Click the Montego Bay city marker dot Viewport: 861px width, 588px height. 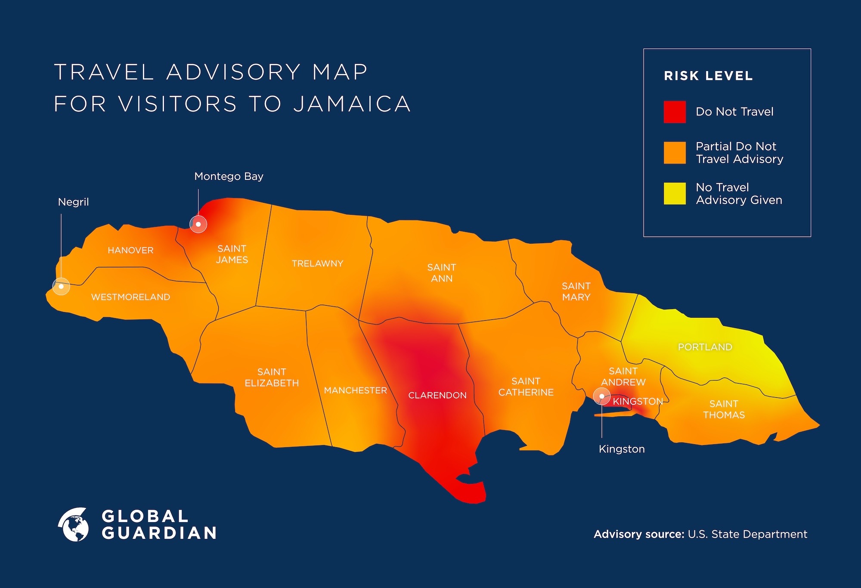pyautogui.click(x=198, y=224)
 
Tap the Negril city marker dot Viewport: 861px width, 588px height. pyautogui.click(x=61, y=286)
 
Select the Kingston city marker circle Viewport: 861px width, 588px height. pyautogui.click(x=602, y=396)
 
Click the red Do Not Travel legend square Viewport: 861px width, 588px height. pyautogui.click(x=675, y=112)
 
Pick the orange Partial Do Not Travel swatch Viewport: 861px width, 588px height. pyautogui.click(x=675, y=153)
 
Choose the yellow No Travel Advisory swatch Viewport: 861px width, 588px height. pyautogui.click(x=675, y=194)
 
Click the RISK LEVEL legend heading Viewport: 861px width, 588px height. pyautogui.click(x=708, y=76)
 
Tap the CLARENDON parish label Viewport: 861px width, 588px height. pyautogui.click(x=437, y=395)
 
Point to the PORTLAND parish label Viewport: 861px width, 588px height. pyautogui.click(x=705, y=347)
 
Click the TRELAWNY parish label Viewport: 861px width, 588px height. pyautogui.click(x=317, y=263)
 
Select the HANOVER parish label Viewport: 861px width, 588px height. pyautogui.click(x=130, y=250)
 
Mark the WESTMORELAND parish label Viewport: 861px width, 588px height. pyautogui.click(x=130, y=297)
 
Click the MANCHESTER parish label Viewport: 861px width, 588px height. pyautogui.click(x=355, y=390)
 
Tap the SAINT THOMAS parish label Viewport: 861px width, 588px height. pyautogui.click(x=724, y=409)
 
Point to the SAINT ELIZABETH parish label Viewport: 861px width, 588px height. pyautogui.click(x=272, y=378)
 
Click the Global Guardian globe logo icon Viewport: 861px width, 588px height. pyautogui.click(x=74, y=525)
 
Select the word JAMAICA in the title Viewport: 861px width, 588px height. pyautogui.click(x=352, y=104)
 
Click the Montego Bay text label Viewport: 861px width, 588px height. pyautogui.click(x=229, y=176)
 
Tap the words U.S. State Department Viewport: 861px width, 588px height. pyautogui.click(x=747, y=534)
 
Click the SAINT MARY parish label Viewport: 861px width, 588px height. pyautogui.click(x=576, y=291)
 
